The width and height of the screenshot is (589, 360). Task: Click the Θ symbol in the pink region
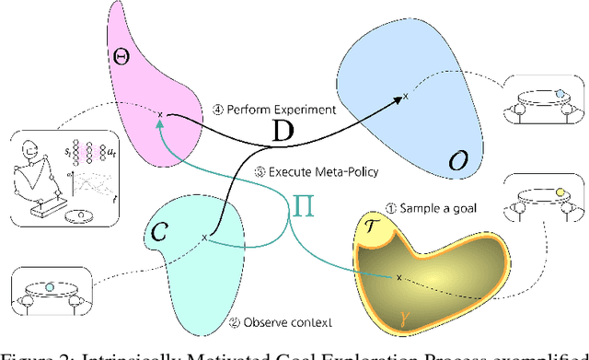click(x=120, y=57)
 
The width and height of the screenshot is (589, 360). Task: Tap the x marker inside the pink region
click(x=160, y=115)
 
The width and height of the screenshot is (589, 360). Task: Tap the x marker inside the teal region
click(x=204, y=238)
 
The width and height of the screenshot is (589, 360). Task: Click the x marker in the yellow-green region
click(x=398, y=276)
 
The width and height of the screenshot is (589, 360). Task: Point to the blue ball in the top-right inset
click(x=560, y=93)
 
